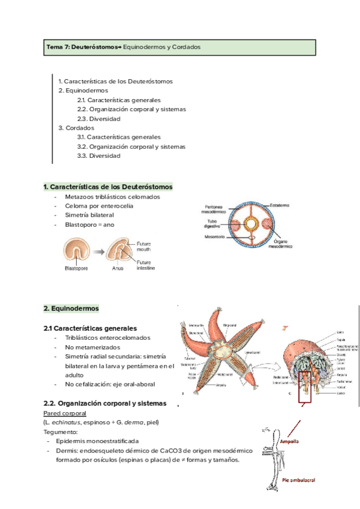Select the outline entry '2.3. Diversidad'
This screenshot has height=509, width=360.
99,119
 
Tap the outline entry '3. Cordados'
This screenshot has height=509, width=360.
76,128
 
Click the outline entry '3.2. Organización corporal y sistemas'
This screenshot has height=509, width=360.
131,146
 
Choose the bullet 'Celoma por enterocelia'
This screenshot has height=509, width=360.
99,206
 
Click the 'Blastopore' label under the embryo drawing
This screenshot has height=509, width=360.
76,268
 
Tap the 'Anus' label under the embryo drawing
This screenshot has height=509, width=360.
117,268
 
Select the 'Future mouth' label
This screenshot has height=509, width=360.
144,248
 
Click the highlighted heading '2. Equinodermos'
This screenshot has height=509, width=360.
71,309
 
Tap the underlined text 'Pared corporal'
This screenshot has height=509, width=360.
65,414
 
